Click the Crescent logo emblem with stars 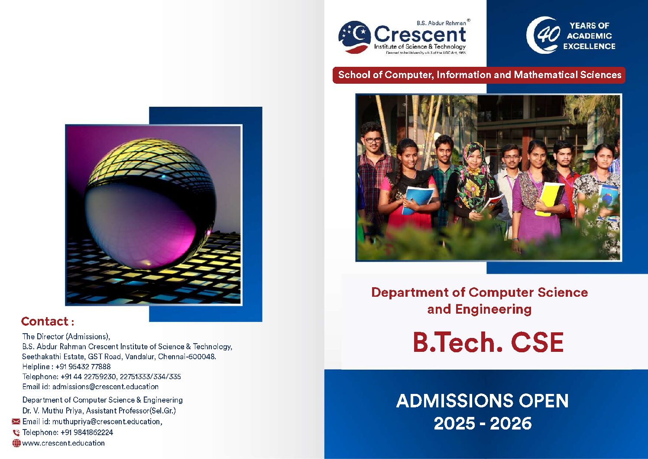click(354, 37)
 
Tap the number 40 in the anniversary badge click(548, 34)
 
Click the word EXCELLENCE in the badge click(589, 46)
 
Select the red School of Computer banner click(479, 75)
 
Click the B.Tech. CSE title click(488, 342)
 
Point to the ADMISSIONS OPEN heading click(482, 401)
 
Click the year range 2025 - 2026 click(483, 423)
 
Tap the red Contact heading click(48, 321)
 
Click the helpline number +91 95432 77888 click(83, 367)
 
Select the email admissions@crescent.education click(105, 387)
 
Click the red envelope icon click(16, 421)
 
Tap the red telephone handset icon click(16, 433)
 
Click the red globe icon click(16, 443)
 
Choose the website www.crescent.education click(63, 443)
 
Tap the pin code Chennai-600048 click(187, 357)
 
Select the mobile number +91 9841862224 click(87, 433)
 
